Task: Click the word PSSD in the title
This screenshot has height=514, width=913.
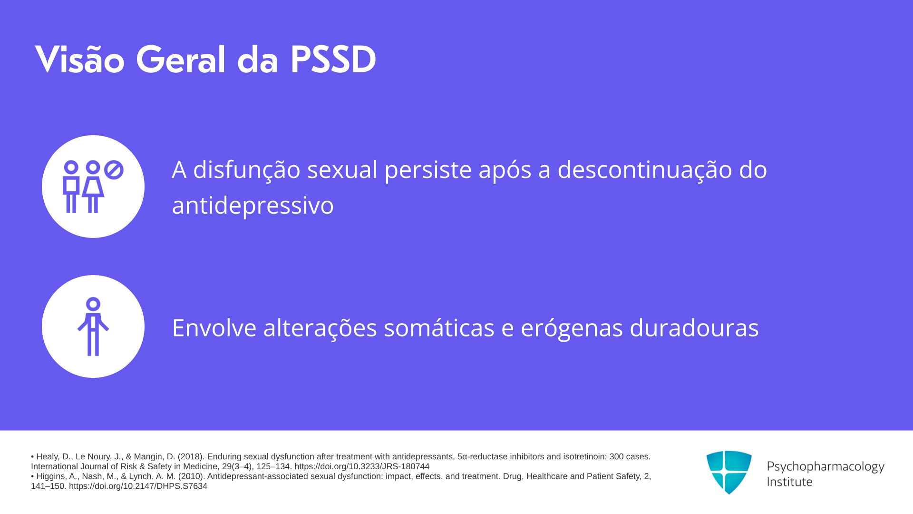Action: pos(333,60)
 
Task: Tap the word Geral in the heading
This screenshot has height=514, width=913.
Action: pos(180,60)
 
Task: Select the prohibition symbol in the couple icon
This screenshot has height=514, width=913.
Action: pos(114,170)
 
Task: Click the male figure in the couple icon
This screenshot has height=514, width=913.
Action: pos(71,187)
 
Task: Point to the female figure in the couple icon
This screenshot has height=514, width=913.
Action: pos(93,187)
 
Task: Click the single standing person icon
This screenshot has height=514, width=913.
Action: pos(93,326)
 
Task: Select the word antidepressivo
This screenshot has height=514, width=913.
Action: pos(253,206)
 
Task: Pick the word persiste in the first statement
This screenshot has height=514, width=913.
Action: pos(428,170)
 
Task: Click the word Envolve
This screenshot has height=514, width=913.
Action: pos(214,328)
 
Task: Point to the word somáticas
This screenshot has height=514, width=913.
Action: pos(439,328)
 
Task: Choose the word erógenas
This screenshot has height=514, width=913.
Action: pos(572,329)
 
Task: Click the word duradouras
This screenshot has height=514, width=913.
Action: pos(694,328)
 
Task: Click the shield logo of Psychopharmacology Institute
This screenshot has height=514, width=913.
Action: pos(729,472)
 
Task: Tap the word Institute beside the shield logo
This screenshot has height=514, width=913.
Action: pos(789,482)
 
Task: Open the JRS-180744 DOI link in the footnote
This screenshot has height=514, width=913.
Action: pos(362,466)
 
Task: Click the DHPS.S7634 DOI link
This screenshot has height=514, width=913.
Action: pos(138,486)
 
